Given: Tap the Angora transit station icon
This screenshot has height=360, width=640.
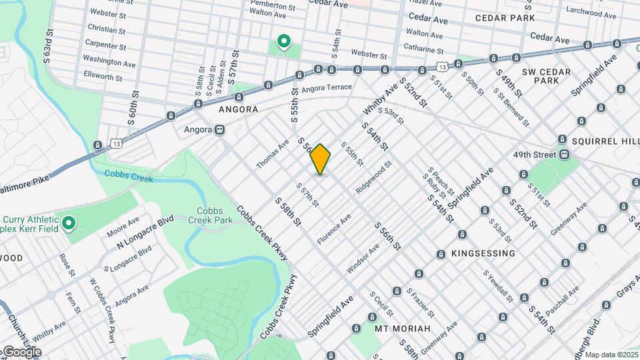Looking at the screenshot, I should [x=219, y=130].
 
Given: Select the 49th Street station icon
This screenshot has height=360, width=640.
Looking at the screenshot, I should [x=564, y=154].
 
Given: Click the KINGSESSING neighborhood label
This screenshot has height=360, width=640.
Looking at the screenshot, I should [x=483, y=253].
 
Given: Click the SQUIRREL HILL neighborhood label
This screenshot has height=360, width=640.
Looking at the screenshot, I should [x=600, y=141].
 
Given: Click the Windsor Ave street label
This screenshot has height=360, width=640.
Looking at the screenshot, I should [x=363, y=259].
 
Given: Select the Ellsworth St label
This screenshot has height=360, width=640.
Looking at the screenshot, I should [x=103, y=77].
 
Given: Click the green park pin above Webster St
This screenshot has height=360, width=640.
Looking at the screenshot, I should [x=283, y=43].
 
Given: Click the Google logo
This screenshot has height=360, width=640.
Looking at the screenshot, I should [x=22, y=351].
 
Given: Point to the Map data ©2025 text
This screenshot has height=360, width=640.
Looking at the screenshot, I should [x=611, y=355].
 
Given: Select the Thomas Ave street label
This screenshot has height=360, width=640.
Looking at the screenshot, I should [x=273, y=154].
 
